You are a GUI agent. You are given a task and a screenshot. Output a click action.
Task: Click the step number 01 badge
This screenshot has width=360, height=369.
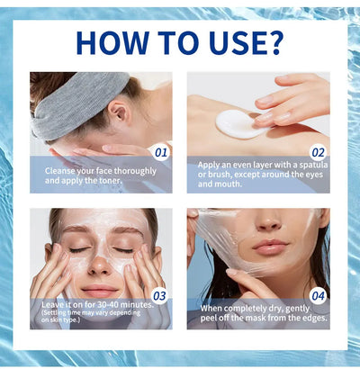pyautogui.click(x=160, y=152)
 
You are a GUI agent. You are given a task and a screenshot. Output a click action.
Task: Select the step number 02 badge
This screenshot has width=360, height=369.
pyautogui.click(x=318, y=152)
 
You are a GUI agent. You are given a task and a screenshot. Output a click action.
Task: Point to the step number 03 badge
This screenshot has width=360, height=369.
pyautogui.click(x=160, y=294)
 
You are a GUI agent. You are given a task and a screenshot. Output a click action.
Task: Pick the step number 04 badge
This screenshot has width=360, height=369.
pyautogui.click(x=318, y=294)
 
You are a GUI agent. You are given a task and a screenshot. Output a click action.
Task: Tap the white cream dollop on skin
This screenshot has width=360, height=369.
pyautogui.click(x=240, y=122)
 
